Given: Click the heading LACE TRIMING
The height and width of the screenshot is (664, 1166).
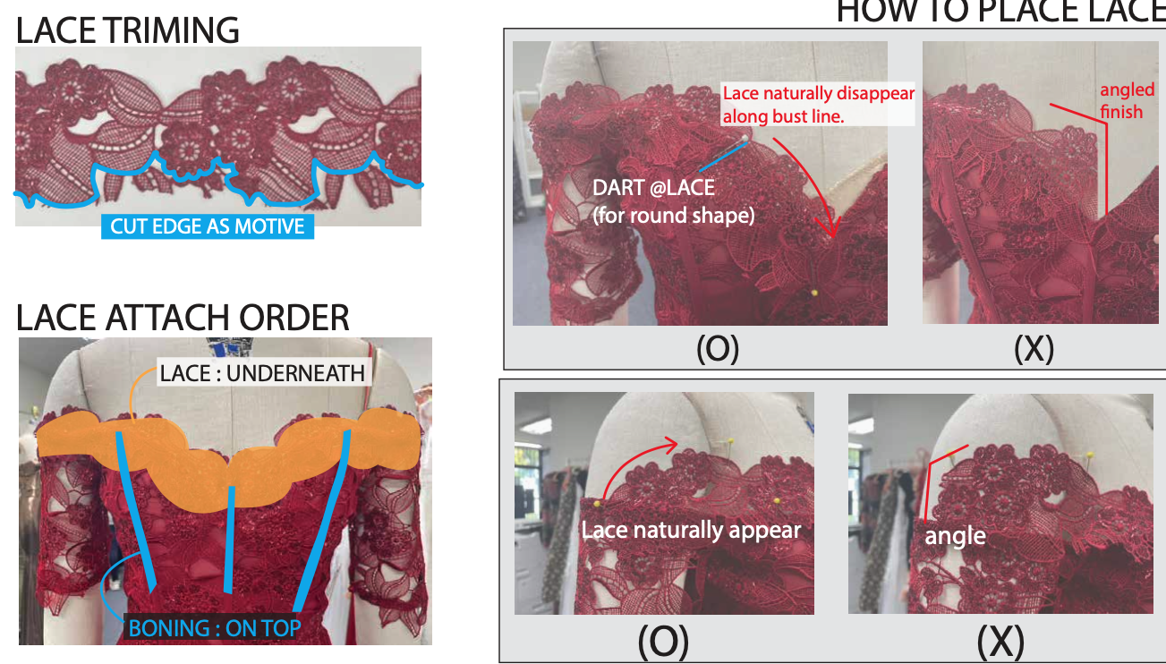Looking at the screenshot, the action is (x=128, y=30).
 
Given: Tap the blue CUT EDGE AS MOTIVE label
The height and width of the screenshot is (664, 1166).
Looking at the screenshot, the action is (x=207, y=226).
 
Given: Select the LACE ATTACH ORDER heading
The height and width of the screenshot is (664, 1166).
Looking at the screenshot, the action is (x=183, y=318).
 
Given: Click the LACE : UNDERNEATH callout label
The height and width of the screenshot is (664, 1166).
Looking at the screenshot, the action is (x=263, y=372).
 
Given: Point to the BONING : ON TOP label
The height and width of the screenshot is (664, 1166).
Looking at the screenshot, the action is (x=215, y=627).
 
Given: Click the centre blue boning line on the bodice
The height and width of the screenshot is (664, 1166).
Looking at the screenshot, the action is (x=231, y=538).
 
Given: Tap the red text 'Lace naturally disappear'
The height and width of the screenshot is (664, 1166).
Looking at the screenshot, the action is (x=818, y=93).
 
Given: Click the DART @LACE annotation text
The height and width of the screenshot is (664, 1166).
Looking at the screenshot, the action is (x=654, y=190).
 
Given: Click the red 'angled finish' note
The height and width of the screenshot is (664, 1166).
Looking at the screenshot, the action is (x=1121, y=100).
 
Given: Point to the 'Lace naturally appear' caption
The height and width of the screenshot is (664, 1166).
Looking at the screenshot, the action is (x=691, y=530).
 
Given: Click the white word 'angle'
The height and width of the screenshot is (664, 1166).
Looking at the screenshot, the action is (x=955, y=535).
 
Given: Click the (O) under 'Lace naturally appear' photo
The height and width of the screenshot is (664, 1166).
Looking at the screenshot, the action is (x=663, y=641).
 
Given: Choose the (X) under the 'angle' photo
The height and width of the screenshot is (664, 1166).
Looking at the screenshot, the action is (x=1000, y=641).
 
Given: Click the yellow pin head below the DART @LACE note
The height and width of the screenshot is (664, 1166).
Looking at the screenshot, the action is (x=813, y=292).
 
